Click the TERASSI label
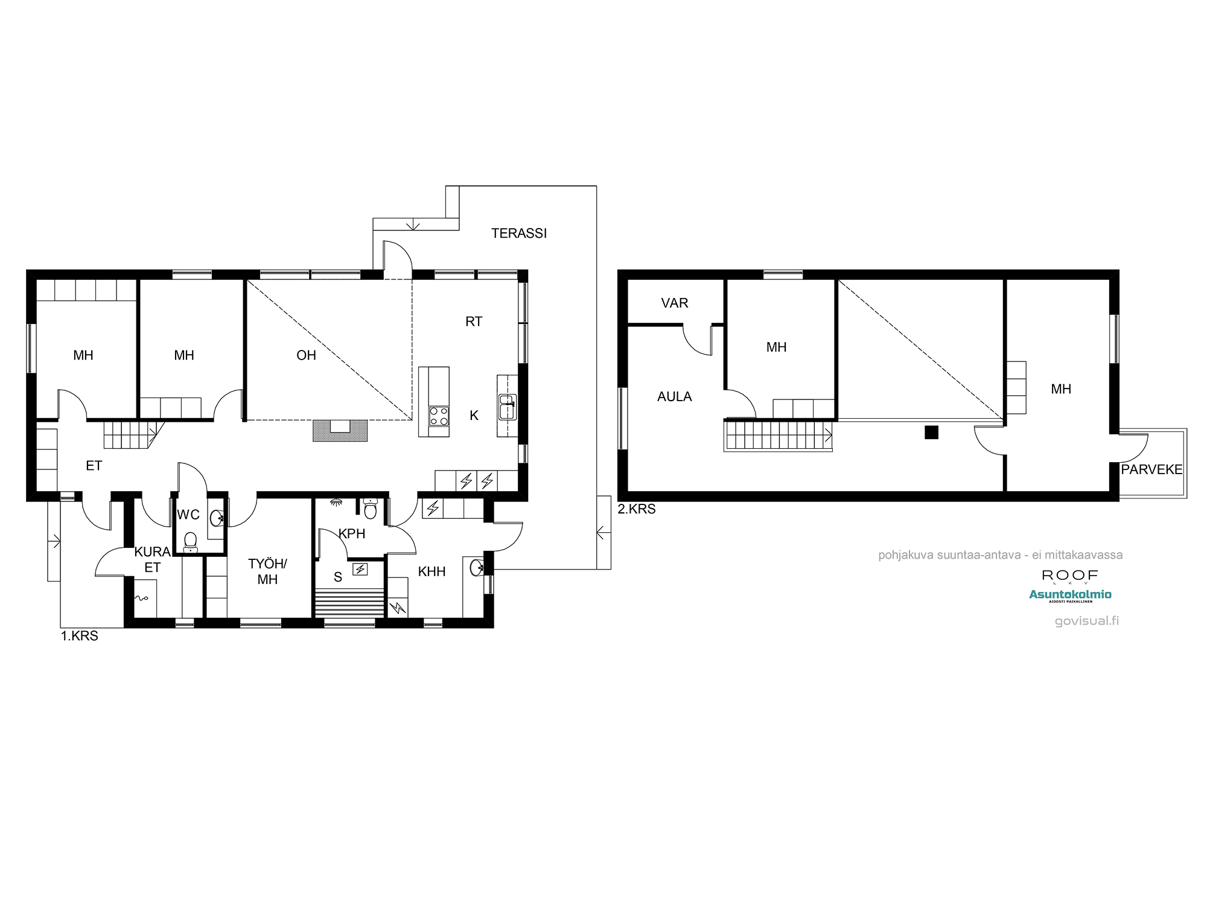(519, 233)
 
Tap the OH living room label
(306, 355)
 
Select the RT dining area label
(474, 322)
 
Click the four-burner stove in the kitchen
(439, 416)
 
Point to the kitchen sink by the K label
(508, 407)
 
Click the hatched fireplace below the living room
(340, 431)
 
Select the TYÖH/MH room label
(267, 571)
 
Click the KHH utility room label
(432, 571)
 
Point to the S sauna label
(338, 577)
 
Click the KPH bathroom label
(352, 533)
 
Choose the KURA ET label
(152, 559)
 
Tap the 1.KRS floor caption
(79, 636)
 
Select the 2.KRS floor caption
(637, 509)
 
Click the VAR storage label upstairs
(675, 303)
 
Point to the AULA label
(675, 397)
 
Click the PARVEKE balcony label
(1151, 469)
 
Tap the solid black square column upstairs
(932, 432)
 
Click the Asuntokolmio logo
(1070, 595)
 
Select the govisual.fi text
(1087, 621)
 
